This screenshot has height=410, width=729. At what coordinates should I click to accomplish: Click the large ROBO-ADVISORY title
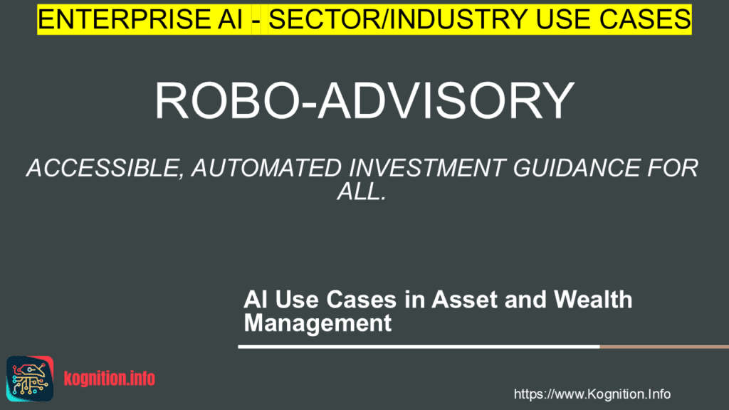coord(364,100)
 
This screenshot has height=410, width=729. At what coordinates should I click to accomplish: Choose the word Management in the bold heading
coord(318,323)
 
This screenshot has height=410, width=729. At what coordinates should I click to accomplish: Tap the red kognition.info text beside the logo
coord(109,378)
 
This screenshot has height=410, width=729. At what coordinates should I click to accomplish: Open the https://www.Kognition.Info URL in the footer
coord(592,394)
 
